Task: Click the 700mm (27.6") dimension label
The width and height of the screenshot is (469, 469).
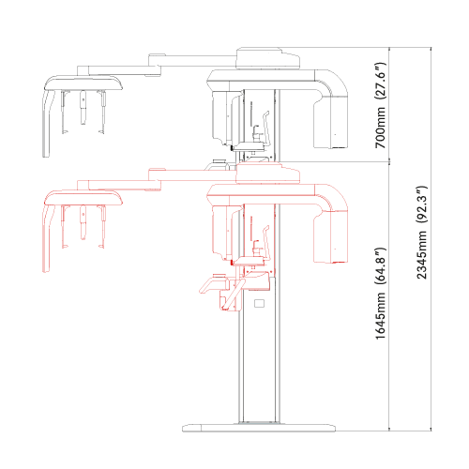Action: (x=381, y=105)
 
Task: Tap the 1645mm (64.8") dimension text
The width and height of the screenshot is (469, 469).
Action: (x=381, y=294)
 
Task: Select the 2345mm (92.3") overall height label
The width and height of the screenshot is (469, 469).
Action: (x=421, y=233)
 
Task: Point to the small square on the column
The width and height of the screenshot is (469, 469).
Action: (x=259, y=303)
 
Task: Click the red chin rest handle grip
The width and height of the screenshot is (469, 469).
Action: (x=213, y=285)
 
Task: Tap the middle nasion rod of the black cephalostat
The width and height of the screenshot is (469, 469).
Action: (x=83, y=107)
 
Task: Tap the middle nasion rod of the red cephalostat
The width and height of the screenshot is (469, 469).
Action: (x=83, y=222)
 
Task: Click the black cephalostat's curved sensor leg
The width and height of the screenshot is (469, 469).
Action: (x=46, y=124)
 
